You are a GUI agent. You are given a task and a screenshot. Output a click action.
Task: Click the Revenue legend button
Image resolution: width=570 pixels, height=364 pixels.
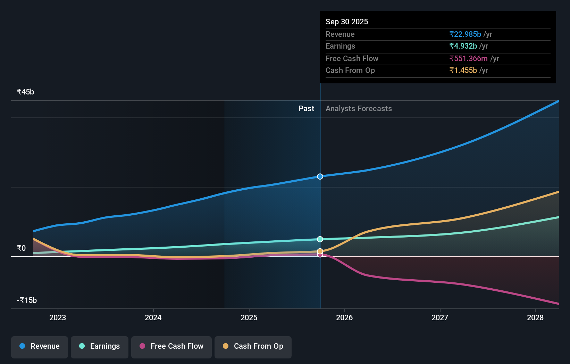pyautogui.click(x=40, y=347)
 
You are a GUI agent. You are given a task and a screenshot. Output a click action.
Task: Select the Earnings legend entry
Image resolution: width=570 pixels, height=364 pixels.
pyautogui.click(x=100, y=347)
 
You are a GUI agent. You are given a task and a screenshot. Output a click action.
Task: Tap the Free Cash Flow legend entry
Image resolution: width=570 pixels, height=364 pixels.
pyautogui.click(x=171, y=347)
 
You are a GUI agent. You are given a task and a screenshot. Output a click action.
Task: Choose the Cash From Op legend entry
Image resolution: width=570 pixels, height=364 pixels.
pyautogui.click(x=253, y=347)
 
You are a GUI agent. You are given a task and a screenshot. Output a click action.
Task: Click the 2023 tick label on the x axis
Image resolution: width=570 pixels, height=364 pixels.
pyautogui.click(x=58, y=317)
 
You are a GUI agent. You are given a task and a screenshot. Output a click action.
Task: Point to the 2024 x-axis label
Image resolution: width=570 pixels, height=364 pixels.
pyautogui.click(x=153, y=317)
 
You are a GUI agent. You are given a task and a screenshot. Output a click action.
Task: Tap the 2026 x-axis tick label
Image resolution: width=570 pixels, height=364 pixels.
pyautogui.click(x=344, y=317)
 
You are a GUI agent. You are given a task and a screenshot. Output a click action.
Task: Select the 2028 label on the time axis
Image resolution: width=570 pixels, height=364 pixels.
pyautogui.click(x=535, y=317)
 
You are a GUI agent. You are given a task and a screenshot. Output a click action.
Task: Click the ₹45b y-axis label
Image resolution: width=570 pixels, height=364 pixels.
pyautogui.click(x=25, y=92)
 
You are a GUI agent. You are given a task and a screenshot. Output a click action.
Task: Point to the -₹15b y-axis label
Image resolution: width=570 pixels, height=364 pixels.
pyautogui.click(x=27, y=300)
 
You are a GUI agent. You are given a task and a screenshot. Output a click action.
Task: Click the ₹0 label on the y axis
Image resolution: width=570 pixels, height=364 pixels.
pyautogui.click(x=21, y=248)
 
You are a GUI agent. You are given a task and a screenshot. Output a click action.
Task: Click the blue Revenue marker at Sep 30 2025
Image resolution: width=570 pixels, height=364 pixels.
pyautogui.click(x=320, y=176)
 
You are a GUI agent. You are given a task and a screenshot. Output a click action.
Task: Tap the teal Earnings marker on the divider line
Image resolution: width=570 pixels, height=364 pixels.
pyautogui.click(x=320, y=239)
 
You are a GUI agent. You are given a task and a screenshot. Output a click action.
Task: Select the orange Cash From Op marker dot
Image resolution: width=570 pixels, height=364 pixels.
pyautogui.click(x=320, y=251)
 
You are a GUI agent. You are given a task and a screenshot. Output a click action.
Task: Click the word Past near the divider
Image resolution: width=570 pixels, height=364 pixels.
pyautogui.click(x=306, y=108)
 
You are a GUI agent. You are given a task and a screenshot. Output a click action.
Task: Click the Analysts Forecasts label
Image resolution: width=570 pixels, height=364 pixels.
pyautogui.click(x=359, y=108)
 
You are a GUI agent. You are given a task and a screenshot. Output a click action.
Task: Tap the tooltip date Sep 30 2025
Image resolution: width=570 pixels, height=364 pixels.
pyautogui.click(x=347, y=22)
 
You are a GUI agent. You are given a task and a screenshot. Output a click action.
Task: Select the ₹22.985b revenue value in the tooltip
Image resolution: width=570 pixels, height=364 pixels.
pyautogui.click(x=465, y=34)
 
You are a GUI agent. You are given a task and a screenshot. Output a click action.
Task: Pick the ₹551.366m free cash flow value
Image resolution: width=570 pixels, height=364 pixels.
pyautogui.click(x=468, y=58)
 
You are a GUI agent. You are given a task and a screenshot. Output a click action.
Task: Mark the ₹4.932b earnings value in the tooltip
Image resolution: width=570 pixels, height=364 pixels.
pyautogui.click(x=463, y=46)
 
